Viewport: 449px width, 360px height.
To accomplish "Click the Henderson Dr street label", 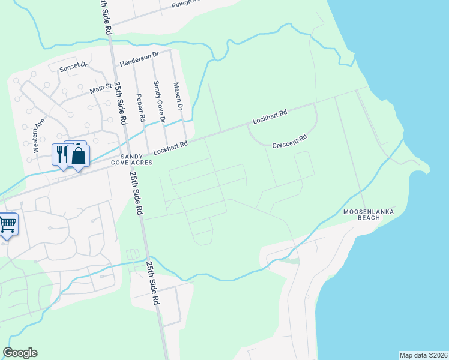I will coord(139,58).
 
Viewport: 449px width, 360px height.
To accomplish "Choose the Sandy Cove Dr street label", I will coord(158,103).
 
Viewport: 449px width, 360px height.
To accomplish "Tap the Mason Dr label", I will coord(177,97).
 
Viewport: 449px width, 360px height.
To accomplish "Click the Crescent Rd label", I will coord(289,141).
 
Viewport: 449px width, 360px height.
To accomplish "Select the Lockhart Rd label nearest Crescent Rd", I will coord(270,116).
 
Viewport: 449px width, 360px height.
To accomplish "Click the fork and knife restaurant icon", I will coord(61,155).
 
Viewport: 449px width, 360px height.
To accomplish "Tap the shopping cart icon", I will coord(8,225).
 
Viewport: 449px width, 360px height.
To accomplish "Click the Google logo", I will coord(20,353).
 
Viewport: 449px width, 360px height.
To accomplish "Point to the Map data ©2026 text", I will coord(423,355).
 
